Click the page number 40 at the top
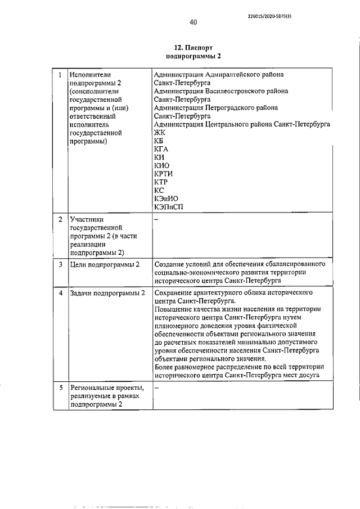pos(193,22)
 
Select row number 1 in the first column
pos(60,74)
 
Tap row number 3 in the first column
pos(60,264)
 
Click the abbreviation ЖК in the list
pos(159,133)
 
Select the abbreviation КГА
pos(161,149)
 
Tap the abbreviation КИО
pos(162,166)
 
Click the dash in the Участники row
pos(156,219)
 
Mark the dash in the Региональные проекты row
pos(156,388)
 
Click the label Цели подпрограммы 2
pos(103,264)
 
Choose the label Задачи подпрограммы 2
pos(107,293)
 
